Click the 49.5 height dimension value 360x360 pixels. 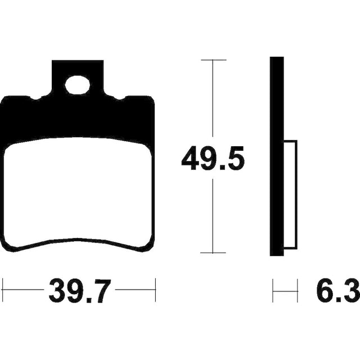[x=213, y=158]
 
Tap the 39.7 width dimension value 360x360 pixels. [x=78, y=291]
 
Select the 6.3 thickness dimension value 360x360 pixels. [x=338, y=291]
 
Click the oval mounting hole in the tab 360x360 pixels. [x=78, y=85]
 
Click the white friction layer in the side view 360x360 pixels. [x=290, y=195]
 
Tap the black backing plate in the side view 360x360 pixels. [x=277, y=156]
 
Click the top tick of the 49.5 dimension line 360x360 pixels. [x=213, y=60]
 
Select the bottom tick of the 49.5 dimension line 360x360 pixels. [x=213, y=253]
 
